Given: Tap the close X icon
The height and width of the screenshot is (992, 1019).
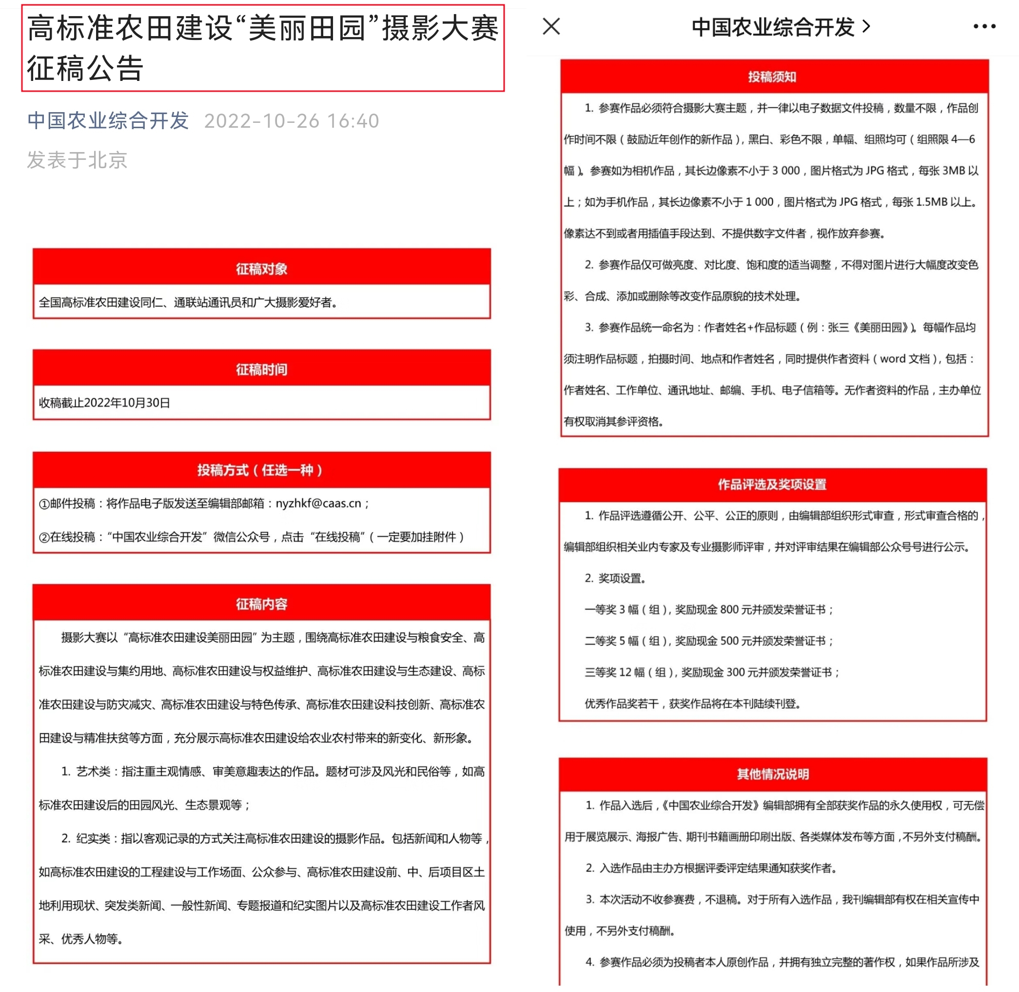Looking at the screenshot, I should [x=551, y=26].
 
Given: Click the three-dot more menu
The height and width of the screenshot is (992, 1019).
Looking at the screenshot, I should [x=983, y=26].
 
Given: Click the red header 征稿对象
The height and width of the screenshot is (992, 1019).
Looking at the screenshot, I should [x=261, y=269].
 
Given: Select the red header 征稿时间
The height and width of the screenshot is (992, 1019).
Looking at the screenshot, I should [x=261, y=370].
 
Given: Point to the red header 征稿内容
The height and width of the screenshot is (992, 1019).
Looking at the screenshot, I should [x=261, y=604].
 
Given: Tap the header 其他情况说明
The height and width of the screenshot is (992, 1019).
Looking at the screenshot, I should [x=772, y=774].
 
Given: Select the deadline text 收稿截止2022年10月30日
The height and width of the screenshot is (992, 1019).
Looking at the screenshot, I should [x=104, y=403].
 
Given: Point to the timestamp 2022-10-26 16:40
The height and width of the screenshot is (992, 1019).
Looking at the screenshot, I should [x=292, y=121].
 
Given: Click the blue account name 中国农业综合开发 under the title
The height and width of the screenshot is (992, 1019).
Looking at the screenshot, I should [x=108, y=121].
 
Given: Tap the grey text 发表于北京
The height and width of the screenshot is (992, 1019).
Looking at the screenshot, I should [x=77, y=160].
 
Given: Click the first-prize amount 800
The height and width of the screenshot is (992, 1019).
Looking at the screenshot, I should [x=729, y=609].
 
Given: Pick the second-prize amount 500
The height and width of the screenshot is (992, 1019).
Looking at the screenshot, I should [x=729, y=641].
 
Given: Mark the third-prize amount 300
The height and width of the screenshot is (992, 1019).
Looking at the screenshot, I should [x=735, y=672].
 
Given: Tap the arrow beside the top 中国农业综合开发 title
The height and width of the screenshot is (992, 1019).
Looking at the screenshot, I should [x=867, y=26].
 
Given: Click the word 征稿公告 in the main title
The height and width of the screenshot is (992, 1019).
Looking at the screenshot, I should [x=85, y=69].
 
